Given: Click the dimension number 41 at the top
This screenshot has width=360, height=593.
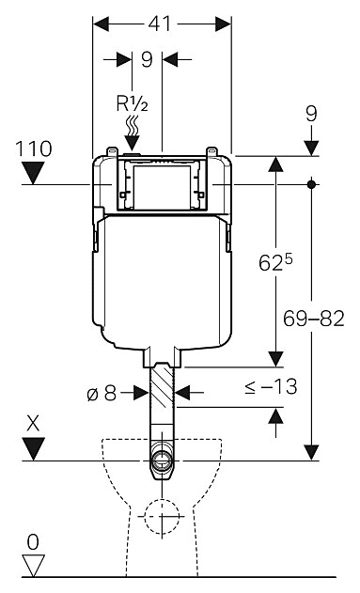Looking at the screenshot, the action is point(159,23).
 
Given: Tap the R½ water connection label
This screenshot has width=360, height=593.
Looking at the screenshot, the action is point(132,103).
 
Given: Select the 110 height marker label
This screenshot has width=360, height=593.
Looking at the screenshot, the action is point(33,148).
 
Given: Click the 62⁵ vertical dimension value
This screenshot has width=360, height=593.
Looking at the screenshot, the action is point(276,261).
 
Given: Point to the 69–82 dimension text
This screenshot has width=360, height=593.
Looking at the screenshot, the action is point(314,319).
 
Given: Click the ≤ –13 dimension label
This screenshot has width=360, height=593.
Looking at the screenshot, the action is point(271,386).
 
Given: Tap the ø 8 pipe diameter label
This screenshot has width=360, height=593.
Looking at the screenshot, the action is point(102,394).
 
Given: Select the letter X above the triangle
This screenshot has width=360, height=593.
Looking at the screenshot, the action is point(33,425).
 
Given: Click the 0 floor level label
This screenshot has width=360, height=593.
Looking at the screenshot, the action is point(33,542).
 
